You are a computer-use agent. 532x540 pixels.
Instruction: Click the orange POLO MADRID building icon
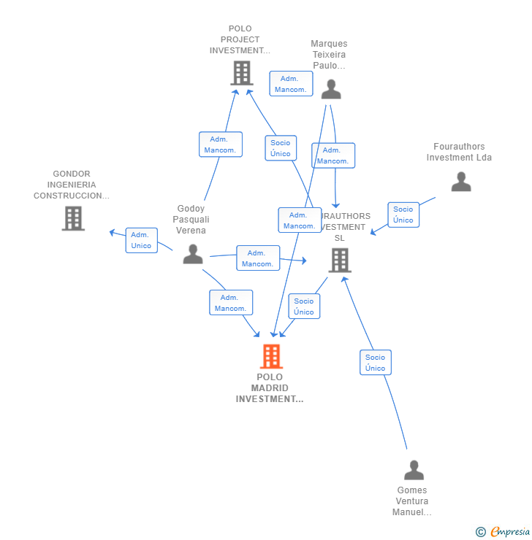click(x=271, y=356)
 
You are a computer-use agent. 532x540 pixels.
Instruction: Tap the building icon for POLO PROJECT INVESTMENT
click(x=241, y=73)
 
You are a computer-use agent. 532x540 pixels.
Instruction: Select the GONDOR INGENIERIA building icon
click(x=73, y=218)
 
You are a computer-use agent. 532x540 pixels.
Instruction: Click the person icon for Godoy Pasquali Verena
click(x=193, y=254)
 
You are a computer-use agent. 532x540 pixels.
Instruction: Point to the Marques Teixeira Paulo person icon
click(x=331, y=89)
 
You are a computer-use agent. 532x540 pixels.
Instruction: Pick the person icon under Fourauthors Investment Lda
click(x=461, y=182)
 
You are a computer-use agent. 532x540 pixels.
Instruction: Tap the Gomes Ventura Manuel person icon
click(x=414, y=470)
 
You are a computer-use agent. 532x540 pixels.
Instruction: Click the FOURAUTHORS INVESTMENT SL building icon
click(x=340, y=260)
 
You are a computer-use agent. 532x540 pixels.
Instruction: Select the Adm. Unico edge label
click(x=141, y=240)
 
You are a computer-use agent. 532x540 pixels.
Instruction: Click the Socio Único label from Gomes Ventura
click(x=375, y=363)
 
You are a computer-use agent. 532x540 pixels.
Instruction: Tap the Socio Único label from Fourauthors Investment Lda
click(x=403, y=215)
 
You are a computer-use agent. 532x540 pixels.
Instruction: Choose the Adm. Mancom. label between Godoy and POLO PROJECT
click(x=220, y=144)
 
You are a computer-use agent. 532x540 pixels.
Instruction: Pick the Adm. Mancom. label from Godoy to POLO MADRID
click(x=230, y=303)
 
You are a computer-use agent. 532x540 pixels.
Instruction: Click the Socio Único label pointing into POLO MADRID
click(x=303, y=306)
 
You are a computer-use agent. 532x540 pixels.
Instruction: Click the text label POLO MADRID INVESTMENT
click(x=270, y=388)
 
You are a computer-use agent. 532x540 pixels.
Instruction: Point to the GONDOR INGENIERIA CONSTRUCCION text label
click(x=72, y=185)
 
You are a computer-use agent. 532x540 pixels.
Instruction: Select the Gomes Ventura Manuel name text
click(x=412, y=501)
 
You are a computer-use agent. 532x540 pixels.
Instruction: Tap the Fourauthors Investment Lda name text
click(x=459, y=152)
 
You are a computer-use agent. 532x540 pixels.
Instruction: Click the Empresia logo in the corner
click(x=504, y=532)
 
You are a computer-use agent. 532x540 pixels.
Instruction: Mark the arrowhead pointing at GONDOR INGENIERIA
click(x=112, y=232)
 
